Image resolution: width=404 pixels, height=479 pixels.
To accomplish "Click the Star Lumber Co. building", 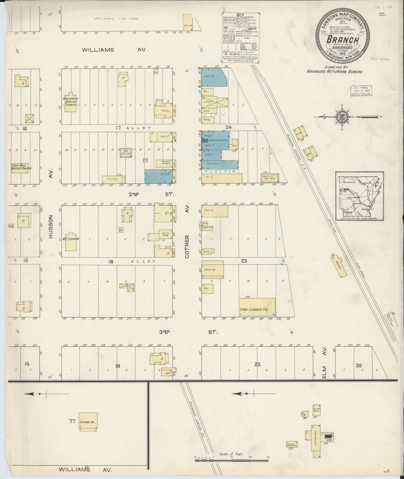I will tap(257, 307).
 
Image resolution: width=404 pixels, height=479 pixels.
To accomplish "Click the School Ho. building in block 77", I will tap(88, 422).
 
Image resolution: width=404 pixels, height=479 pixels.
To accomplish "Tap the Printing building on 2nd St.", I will tap(113, 179).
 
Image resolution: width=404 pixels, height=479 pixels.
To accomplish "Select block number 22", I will tap(257, 364).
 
